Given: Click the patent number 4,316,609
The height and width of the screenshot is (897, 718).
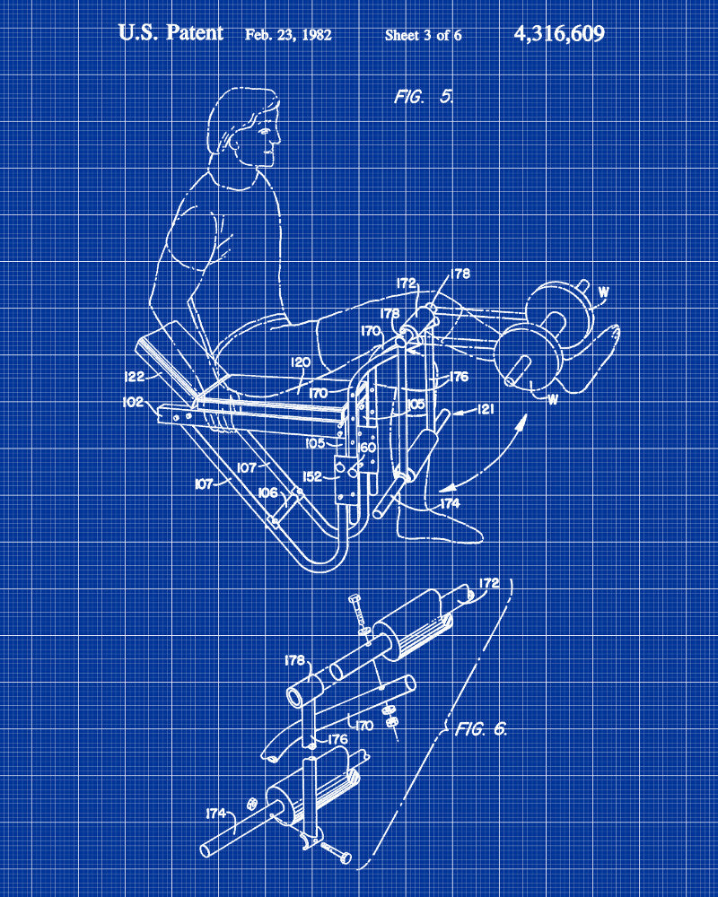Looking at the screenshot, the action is pyautogui.click(x=559, y=34).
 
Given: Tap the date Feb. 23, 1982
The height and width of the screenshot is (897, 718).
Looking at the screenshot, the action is pyautogui.click(x=288, y=35).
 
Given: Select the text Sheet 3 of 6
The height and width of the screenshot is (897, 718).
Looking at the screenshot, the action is pyautogui.click(x=423, y=36).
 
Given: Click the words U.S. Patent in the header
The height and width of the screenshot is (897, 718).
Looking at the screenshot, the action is pyautogui.click(x=171, y=32).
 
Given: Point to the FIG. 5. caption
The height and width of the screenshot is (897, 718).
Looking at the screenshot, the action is pyautogui.click(x=424, y=97).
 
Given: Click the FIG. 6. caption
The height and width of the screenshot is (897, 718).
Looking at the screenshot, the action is pyautogui.click(x=481, y=728).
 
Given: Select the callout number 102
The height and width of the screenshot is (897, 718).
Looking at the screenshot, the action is pyautogui.click(x=133, y=402).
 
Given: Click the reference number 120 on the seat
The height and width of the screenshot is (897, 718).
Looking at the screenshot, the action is pyautogui.click(x=301, y=362).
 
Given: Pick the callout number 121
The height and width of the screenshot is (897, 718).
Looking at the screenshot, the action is pyautogui.click(x=485, y=408).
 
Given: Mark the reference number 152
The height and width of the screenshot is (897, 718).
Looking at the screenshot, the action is pyautogui.click(x=311, y=476).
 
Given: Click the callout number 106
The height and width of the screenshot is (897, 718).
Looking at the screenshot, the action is pyautogui.click(x=267, y=492).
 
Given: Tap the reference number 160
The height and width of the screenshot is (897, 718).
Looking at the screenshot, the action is pyautogui.click(x=367, y=448).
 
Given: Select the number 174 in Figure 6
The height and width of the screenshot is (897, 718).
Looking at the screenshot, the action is pyautogui.click(x=216, y=813).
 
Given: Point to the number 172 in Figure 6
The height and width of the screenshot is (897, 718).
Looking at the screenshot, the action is pyautogui.click(x=488, y=583).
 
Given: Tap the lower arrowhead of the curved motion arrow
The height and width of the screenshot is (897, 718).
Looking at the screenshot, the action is pyautogui.click(x=449, y=488).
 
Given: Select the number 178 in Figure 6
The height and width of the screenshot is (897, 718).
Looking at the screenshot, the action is pyautogui.click(x=294, y=660).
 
